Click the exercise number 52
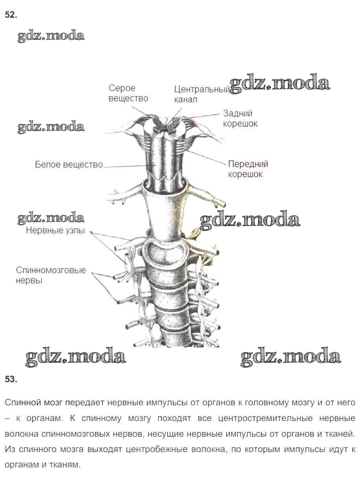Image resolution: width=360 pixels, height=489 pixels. (x=11, y=15)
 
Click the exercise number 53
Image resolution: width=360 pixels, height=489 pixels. (x=11, y=379)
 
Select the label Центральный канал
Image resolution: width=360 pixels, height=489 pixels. (x=201, y=94)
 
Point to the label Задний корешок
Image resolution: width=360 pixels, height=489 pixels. (x=240, y=118)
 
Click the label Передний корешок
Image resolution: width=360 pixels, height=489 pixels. (x=248, y=169)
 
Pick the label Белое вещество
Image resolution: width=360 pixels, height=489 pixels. (x=69, y=165)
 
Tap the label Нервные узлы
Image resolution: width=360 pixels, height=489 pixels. (x=55, y=231)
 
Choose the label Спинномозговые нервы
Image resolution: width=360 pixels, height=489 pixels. (x=51, y=275)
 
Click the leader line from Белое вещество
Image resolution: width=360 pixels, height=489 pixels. (x=126, y=167)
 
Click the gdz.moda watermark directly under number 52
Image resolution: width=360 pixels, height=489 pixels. (x=51, y=36)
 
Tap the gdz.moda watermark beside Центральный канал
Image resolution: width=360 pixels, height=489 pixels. (x=280, y=84)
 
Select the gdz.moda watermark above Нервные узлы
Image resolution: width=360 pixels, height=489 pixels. (x=51, y=218)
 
